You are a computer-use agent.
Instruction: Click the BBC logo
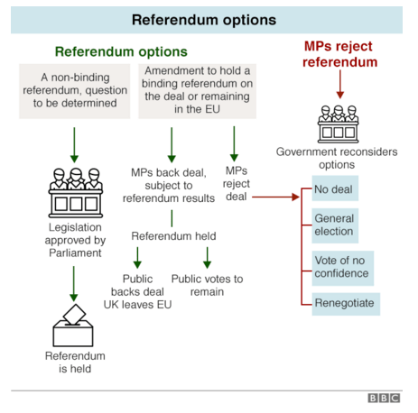pos(384,398)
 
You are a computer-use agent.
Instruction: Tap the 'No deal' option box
pos(335,188)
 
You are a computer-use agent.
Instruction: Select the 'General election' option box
pos(335,225)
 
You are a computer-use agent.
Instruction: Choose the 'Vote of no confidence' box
pos(343,268)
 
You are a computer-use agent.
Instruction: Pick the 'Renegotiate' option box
pos(346,304)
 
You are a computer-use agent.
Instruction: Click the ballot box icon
pos(73,326)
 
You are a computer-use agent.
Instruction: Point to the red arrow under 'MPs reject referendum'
pos(340,85)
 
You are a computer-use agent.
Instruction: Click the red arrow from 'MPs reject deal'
pos(275,197)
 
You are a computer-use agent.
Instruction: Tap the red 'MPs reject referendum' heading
pos(339,54)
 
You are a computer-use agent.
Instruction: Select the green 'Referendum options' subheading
pos(121,51)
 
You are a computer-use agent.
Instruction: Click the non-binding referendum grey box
pos(75,91)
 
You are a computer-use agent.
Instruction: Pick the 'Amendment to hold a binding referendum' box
pos(197,91)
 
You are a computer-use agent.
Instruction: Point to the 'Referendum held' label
pos(173,236)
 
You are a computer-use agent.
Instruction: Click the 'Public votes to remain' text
pos(207,285)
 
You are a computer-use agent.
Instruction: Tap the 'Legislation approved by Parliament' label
pos(75,240)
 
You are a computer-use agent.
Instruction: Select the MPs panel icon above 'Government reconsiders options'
pos(339,124)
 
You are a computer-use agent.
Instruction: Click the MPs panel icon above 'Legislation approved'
pos(76,193)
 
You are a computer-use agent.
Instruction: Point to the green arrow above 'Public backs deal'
pos(137,258)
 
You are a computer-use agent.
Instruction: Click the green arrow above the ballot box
pos(74,284)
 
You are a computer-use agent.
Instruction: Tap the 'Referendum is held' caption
pos(75,363)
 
